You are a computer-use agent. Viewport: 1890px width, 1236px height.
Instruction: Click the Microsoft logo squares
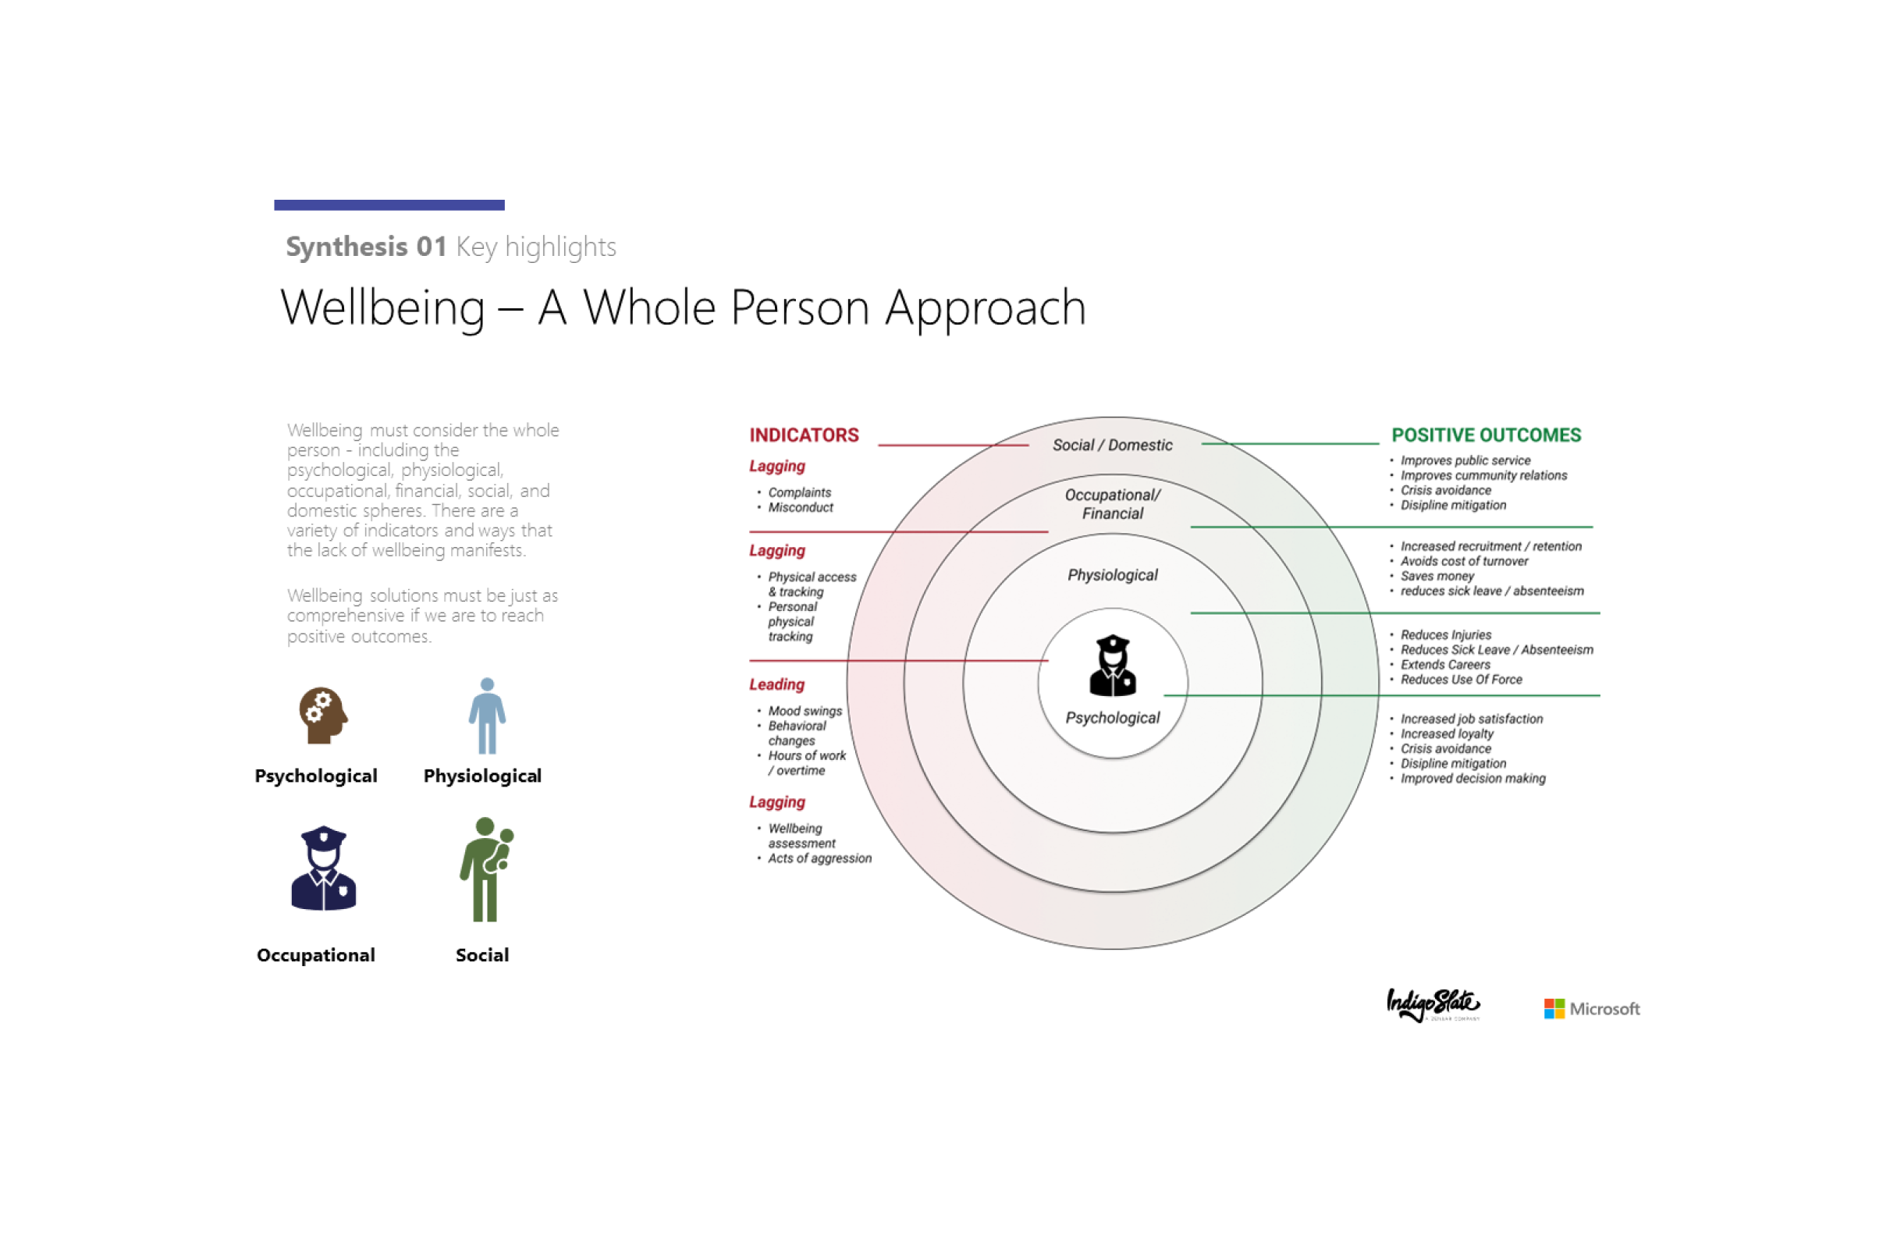[1554, 1008]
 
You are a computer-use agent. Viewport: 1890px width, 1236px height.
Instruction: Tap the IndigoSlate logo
[1433, 1005]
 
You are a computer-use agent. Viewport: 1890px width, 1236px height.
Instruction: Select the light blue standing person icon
[487, 716]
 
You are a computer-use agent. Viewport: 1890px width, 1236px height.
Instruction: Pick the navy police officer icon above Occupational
[323, 868]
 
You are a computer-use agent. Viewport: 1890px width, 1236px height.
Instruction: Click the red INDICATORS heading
[804, 435]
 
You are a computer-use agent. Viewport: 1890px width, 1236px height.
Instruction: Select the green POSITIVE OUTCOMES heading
[1486, 435]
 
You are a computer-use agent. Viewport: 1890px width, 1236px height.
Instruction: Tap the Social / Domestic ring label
[1112, 446]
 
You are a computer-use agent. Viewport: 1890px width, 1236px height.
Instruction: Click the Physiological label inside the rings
[1112, 575]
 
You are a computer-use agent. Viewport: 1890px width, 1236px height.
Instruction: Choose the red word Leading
[776, 684]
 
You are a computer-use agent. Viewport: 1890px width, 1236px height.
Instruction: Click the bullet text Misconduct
[801, 507]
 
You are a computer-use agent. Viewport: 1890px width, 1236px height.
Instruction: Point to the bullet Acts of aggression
[819, 858]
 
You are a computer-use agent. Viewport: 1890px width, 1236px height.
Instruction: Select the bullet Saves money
[1437, 576]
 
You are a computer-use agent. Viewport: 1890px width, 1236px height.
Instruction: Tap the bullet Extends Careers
[1444, 665]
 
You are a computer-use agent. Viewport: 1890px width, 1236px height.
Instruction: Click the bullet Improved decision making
[1473, 778]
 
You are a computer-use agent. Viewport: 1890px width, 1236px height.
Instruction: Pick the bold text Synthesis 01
[366, 247]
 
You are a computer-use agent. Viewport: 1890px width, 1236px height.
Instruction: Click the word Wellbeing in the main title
[383, 307]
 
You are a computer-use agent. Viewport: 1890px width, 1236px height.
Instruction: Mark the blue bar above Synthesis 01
[389, 204]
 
